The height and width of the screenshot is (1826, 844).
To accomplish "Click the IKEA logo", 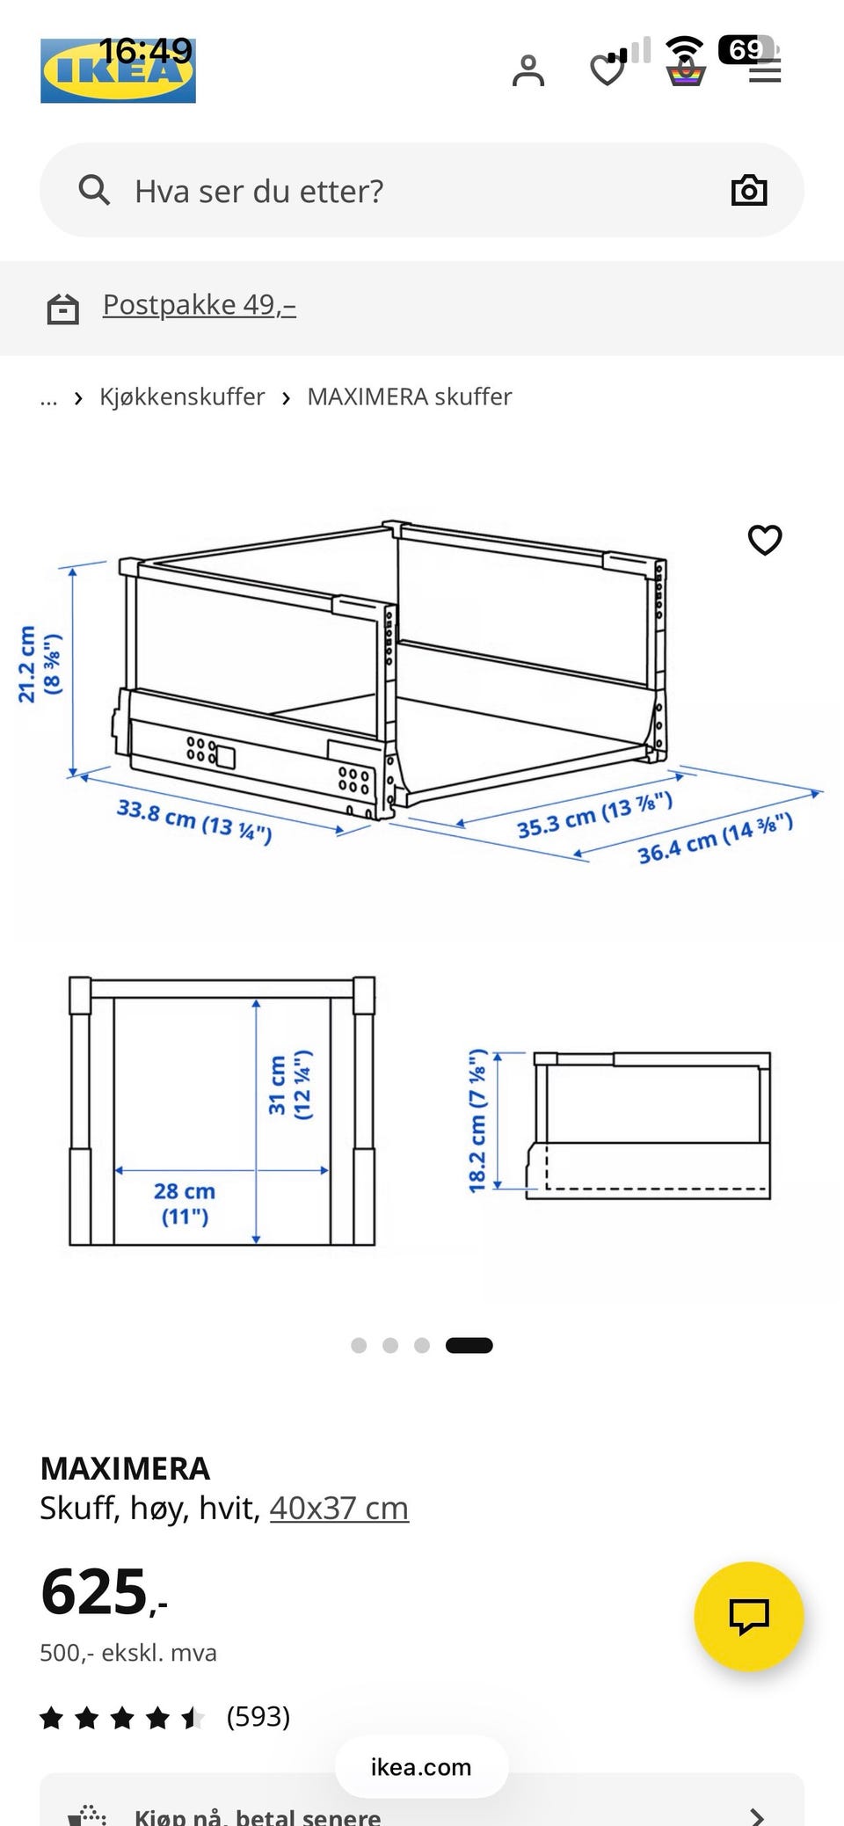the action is [118, 70].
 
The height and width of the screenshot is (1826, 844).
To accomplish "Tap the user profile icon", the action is [528, 71].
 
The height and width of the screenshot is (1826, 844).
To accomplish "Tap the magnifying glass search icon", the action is [94, 190].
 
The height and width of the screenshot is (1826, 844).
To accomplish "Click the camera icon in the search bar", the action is [749, 190].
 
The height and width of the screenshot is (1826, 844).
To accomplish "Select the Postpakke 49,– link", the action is [200, 304].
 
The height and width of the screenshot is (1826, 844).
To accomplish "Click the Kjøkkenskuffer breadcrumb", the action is [182, 396].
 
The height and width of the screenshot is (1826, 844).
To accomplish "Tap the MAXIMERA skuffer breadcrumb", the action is [410, 396].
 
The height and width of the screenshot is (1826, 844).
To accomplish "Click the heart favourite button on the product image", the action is [765, 540].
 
